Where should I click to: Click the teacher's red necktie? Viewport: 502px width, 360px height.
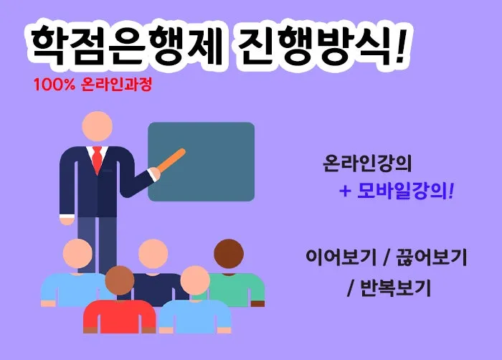click(x=97, y=158)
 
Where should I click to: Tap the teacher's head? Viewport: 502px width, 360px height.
click(x=97, y=126)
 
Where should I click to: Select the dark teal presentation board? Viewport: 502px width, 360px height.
click(x=201, y=161)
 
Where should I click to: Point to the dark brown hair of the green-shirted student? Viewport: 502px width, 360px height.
click(x=229, y=251)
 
